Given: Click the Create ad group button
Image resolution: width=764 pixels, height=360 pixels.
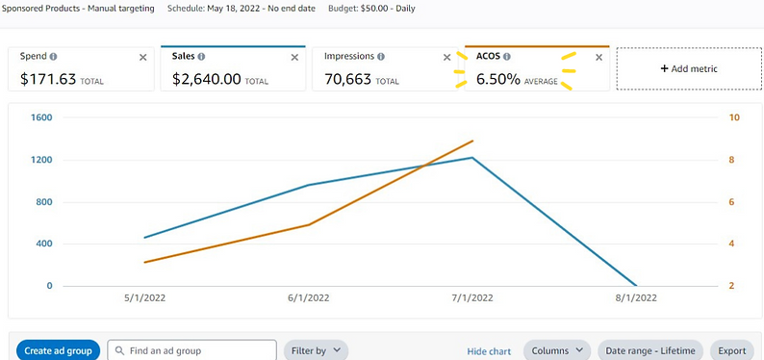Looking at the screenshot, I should pyautogui.click(x=58, y=350).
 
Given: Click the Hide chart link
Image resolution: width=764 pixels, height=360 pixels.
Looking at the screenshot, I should pyautogui.click(x=489, y=351).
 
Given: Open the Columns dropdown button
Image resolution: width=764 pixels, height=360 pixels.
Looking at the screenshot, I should pyautogui.click(x=557, y=350).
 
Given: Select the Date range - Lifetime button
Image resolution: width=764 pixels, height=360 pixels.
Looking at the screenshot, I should pyautogui.click(x=649, y=350).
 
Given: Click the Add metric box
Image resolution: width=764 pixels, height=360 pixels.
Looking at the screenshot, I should pyautogui.click(x=688, y=69).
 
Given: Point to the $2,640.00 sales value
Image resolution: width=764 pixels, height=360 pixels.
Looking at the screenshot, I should pyautogui.click(x=206, y=80).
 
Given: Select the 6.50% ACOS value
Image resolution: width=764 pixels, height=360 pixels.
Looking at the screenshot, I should pyautogui.click(x=497, y=80).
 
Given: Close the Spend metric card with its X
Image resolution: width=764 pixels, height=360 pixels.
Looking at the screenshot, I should pyautogui.click(x=143, y=58).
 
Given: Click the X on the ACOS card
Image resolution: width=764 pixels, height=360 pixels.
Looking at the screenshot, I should pyautogui.click(x=598, y=58).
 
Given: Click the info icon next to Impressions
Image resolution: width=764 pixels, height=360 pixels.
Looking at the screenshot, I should pyautogui.click(x=381, y=57).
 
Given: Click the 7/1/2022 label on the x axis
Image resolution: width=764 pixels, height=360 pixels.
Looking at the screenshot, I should pyautogui.click(x=471, y=298).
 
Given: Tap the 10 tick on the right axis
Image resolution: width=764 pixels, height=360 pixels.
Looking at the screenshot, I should pyautogui.click(x=735, y=118).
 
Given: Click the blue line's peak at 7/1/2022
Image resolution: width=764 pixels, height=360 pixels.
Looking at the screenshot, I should pyautogui.click(x=471, y=158).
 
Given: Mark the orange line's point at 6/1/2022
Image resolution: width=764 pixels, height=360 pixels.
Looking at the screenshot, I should pyautogui.click(x=308, y=225).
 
